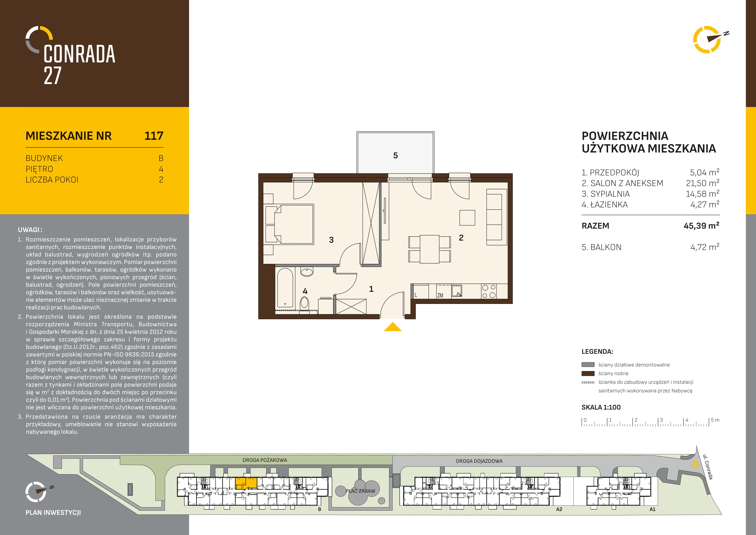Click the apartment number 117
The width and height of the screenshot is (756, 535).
pyautogui.click(x=154, y=136)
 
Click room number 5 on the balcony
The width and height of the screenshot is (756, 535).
pyautogui.click(x=395, y=156)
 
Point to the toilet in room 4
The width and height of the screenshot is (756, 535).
pyautogui.click(x=305, y=303)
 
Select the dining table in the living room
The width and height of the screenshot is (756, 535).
pyautogui.click(x=429, y=249)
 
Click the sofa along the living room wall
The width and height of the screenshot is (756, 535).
pyautogui.click(x=496, y=217)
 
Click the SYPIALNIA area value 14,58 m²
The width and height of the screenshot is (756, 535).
pyautogui.click(x=702, y=194)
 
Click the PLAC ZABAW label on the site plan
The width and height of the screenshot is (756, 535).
pyautogui.click(x=360, y=491)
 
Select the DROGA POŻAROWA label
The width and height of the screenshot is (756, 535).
pyautogui.click(x=265, y=460)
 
